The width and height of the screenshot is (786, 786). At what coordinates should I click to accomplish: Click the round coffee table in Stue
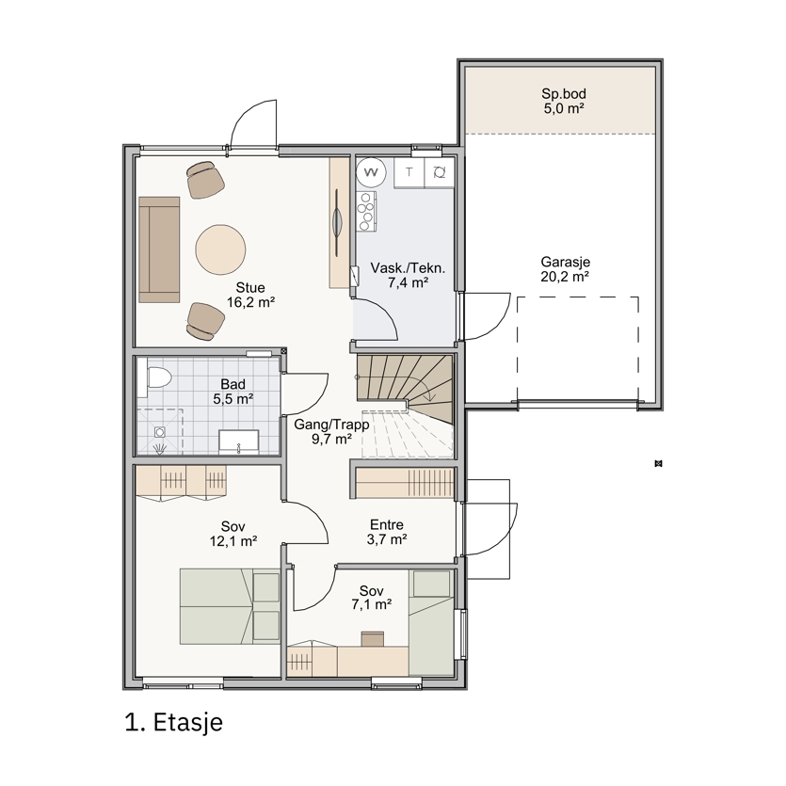click(220, 249)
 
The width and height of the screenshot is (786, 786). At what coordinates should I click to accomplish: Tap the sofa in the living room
click(159, 249)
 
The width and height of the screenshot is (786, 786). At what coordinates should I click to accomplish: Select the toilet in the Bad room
click(157, 377)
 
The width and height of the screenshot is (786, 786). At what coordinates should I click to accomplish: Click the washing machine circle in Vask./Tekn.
click(371, 172)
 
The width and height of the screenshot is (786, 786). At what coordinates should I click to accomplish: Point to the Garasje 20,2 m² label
click(565, 268)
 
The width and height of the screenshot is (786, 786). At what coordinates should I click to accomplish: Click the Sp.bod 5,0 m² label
click(564, 101)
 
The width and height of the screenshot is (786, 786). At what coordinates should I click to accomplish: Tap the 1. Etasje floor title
click(173, 722)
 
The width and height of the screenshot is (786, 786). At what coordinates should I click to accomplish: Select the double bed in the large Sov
click(230, 606)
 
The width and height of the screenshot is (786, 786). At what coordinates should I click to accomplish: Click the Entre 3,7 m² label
click(387, 532)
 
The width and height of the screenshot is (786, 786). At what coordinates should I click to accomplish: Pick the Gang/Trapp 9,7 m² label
click(331, 432)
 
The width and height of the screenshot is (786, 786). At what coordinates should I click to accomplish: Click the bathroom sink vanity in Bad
click(238, 441)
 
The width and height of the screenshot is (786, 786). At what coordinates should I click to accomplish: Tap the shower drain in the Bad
click(160, 432)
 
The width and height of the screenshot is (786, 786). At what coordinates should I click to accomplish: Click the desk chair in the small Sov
click(373, 638)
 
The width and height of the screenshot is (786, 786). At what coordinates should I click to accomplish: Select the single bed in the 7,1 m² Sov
click(431, 623)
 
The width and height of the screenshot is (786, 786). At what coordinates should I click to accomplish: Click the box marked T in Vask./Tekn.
click(409, 172)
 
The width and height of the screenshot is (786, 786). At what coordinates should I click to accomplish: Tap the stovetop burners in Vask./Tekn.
click(366, 211)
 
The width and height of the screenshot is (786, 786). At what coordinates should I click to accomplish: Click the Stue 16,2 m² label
click(250, 295)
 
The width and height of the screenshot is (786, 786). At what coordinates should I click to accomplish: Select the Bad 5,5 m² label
click(233, 392)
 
